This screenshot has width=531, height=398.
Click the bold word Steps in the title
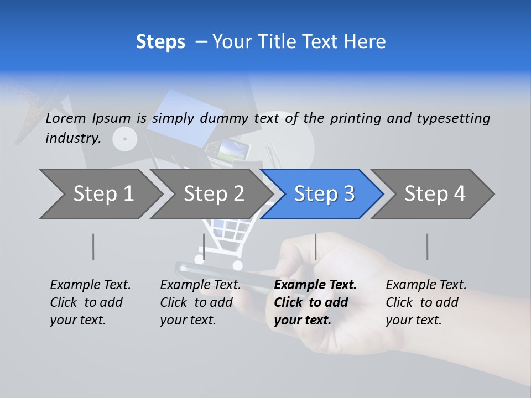[160, 42]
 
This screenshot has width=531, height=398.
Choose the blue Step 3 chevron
[324, 194]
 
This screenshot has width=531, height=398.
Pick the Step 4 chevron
[435, 194]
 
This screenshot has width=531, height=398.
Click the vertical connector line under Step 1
[93, 247]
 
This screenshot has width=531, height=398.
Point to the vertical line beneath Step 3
[316, 247]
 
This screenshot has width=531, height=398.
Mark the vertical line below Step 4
[428, 247]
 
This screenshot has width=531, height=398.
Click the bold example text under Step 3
[315, 302]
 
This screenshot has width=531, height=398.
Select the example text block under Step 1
[90, 302]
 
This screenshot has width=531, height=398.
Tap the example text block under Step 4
[426, 302]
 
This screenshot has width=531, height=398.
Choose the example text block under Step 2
[200, 302]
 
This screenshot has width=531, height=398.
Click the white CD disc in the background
[124, 139]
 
